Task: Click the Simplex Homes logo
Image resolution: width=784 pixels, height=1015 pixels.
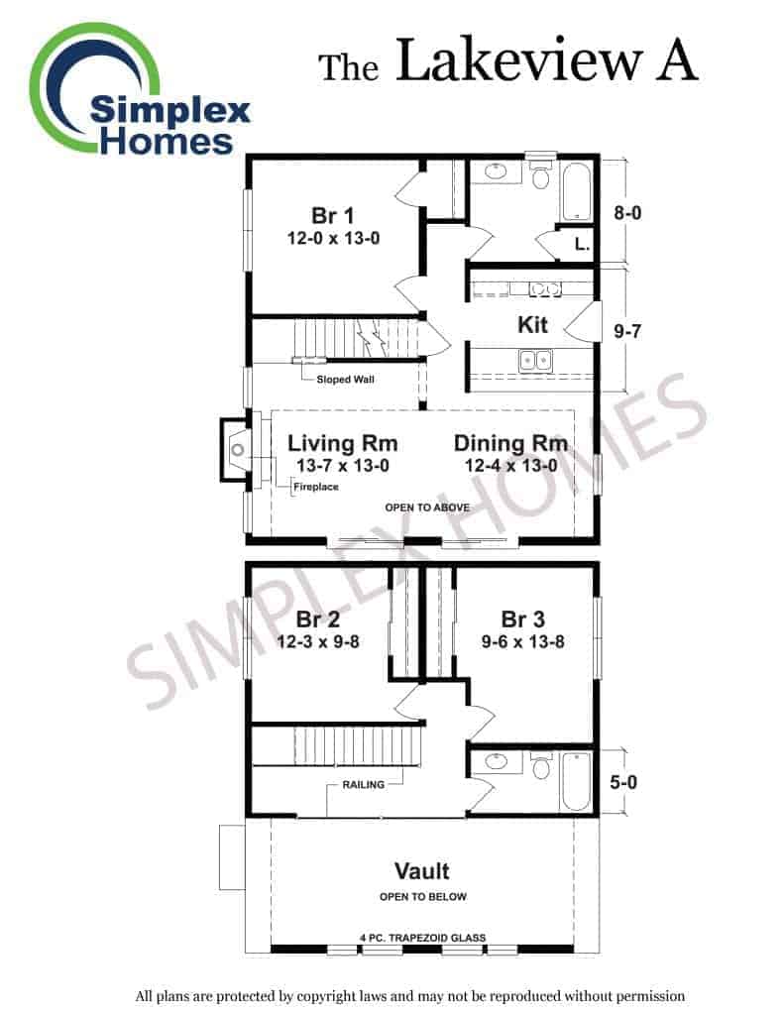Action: (x=139, y=90)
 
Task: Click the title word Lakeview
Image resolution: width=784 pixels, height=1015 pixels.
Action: (x=518, y=60)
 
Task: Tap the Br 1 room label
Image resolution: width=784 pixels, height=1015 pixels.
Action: (x=333, y=215)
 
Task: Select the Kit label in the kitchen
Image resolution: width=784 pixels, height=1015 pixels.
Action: (x=532, y=324)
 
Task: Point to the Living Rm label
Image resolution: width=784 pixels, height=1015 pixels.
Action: (x=343, y=443)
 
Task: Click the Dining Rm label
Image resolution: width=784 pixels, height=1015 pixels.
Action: (x=510, y=443)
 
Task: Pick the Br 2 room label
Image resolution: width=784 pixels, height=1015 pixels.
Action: (x=318, y=620)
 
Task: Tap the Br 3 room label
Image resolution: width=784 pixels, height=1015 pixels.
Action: (x=522, y=620)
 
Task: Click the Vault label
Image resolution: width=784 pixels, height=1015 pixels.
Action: (x=422, y=870)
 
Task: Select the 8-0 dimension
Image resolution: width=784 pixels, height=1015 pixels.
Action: (x=627, y=212)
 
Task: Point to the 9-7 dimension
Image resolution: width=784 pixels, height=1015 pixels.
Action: (x=627, y=331)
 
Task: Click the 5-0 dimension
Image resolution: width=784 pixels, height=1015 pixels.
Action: (x=623, y=782)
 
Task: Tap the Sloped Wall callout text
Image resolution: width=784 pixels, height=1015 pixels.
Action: (x=345, y=380)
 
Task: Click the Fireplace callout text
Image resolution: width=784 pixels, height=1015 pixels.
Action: (x=316, y=486)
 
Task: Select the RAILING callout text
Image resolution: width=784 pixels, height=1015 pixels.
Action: (x=363, y=785)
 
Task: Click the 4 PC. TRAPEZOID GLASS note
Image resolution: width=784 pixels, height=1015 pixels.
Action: (x=423, y=938)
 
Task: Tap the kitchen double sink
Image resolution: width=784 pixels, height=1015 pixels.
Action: (x=536, y=361)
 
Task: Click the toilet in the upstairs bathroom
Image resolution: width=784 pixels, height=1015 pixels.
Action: (x=541, y=766)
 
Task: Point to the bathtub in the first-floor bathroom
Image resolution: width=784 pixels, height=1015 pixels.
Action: (x=576, y=191)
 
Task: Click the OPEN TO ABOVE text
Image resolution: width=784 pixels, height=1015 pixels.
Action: (x=427, y=507)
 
